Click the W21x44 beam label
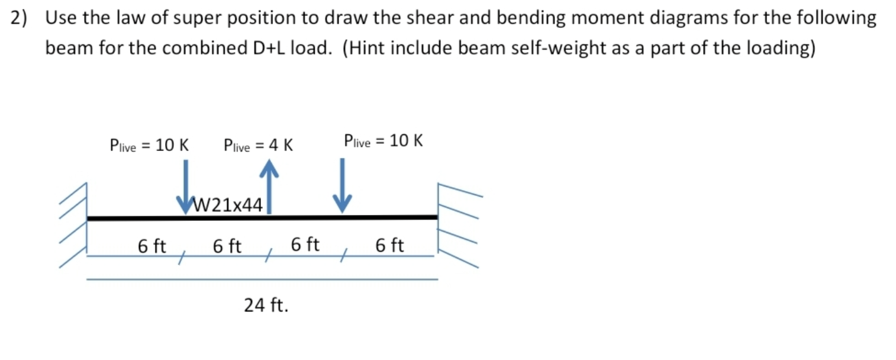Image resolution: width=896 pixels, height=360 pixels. [228, 205]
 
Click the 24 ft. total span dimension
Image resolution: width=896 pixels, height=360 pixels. [266, 306]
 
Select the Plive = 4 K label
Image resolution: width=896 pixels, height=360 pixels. [259, 145]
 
